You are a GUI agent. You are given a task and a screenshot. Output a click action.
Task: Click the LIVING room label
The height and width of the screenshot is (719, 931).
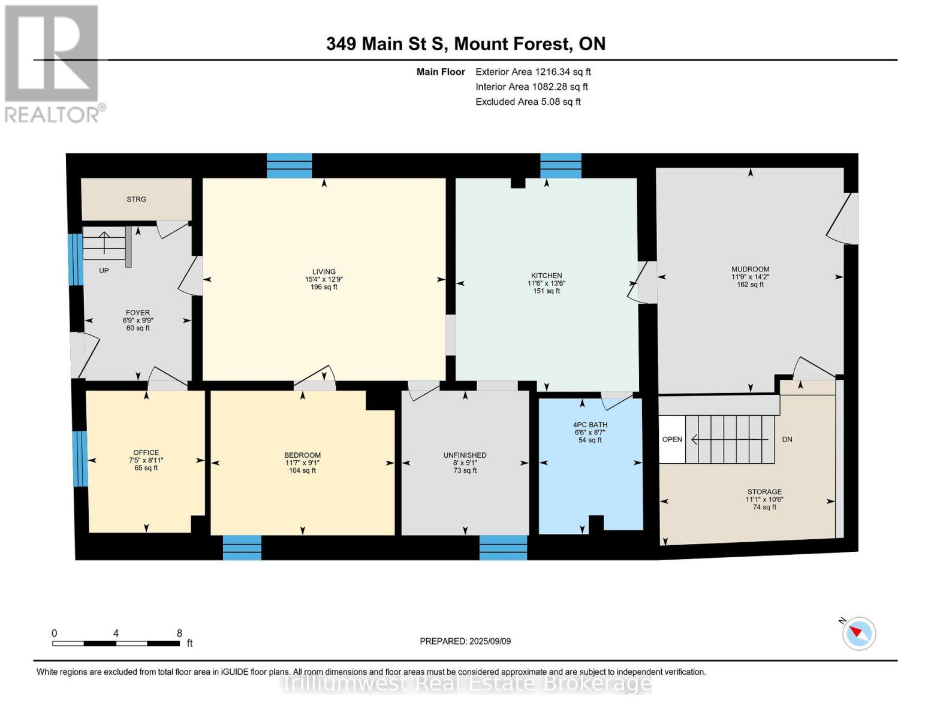[324, 271]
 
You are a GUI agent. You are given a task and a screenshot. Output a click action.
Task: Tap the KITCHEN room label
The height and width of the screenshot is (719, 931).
[546, 276]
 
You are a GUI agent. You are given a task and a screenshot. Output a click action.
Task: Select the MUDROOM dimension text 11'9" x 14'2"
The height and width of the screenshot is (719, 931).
[750, 277]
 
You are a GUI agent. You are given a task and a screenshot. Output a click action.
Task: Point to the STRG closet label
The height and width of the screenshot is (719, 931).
[136, 199]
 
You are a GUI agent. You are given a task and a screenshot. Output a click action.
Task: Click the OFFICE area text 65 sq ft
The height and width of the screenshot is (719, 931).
[146, 468]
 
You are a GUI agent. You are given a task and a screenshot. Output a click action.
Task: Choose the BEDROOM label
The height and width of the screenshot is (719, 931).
[303, 455]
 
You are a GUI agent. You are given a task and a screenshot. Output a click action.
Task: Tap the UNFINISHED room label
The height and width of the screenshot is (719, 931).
[465, 455]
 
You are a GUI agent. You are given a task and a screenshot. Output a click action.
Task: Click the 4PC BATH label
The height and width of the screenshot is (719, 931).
[590, 425]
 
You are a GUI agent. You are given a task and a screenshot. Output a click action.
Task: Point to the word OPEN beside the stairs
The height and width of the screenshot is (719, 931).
[672, 439]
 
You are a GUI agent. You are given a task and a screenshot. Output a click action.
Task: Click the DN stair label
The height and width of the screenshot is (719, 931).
[787, 439]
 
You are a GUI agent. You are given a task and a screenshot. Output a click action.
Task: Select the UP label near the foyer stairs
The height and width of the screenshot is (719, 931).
[104, 271]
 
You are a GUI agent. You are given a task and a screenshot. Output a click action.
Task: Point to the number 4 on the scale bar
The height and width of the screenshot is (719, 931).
[116, 633]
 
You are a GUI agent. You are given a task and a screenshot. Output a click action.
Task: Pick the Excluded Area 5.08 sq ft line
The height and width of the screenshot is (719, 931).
[528, 102]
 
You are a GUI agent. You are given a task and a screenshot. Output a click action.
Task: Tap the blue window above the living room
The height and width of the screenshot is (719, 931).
[289, 165]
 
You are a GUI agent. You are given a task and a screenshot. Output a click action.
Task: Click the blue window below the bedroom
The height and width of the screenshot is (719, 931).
[242, 547]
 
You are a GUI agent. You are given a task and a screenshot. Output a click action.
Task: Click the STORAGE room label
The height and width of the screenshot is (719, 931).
[764, 491]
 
